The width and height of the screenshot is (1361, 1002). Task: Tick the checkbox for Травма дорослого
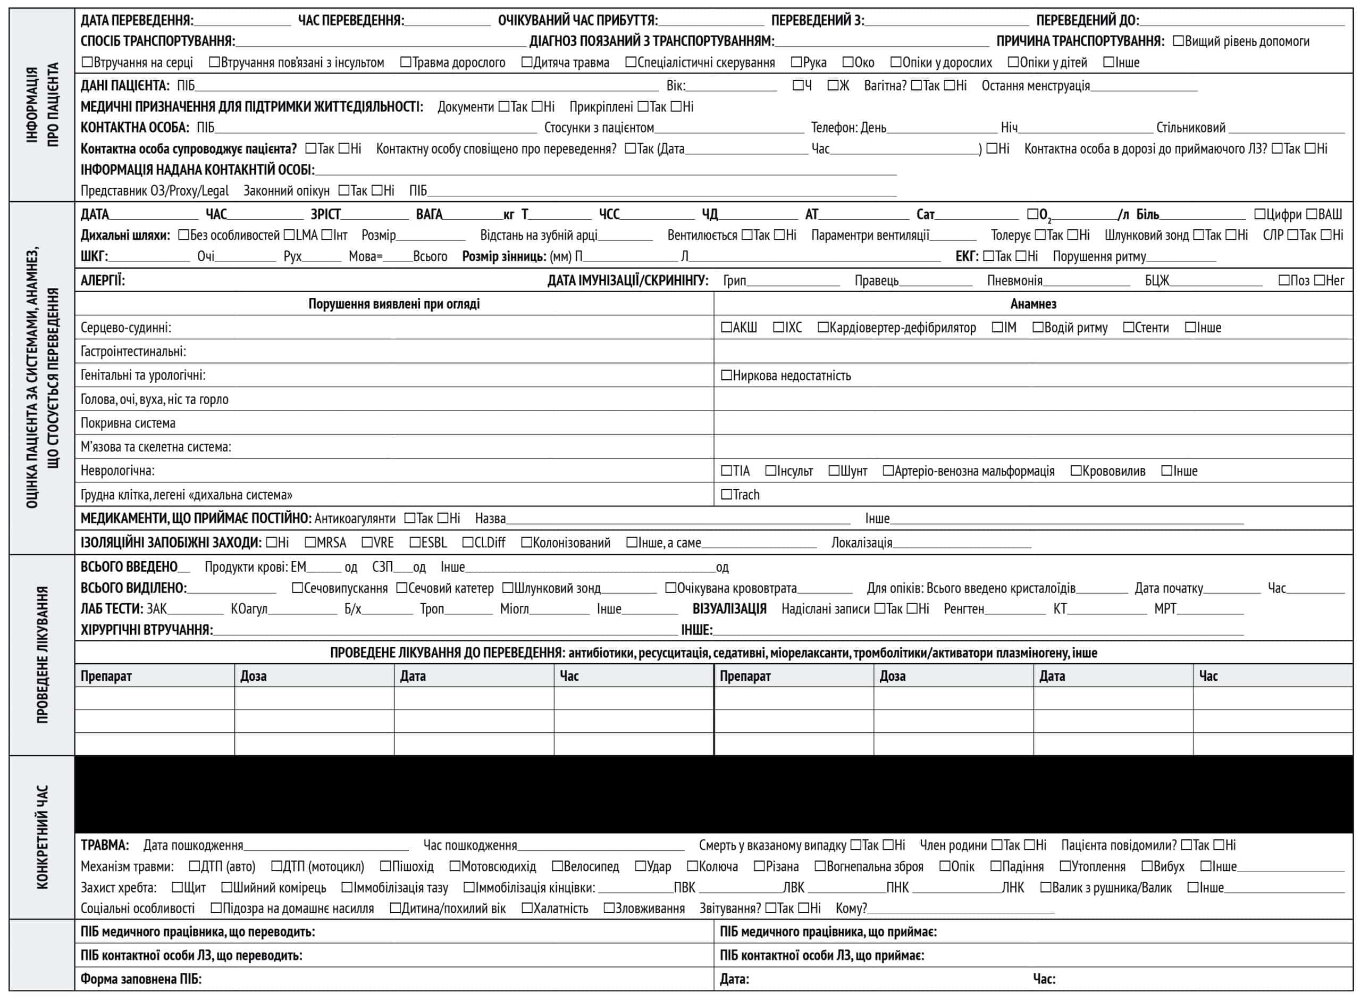point(406,62)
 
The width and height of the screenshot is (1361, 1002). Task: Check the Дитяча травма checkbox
point(526,62)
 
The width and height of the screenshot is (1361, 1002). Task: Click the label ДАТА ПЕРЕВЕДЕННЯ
point(137,21)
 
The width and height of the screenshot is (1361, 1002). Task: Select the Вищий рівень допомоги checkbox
point(1178,41)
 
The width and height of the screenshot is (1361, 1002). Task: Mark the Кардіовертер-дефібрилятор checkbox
point(822,328)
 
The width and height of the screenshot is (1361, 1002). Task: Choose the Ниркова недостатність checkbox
point(726,375)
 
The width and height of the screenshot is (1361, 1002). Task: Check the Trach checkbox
point(726,494)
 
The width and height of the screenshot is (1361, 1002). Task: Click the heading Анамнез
point(1033,304)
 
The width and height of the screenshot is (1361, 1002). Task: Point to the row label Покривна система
point(128,423)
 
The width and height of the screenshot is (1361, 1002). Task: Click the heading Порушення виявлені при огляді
point(394,304)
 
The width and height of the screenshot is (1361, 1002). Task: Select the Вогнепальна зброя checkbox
point(820,866)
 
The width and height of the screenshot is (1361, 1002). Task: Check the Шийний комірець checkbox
point(226,887)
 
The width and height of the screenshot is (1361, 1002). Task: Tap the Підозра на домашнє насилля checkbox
point(216,908)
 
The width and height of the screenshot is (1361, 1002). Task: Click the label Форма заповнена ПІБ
point(141,979)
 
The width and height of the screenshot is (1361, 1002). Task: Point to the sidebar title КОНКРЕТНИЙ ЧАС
point(42,837)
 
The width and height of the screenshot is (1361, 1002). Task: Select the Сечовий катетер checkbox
point(401,588)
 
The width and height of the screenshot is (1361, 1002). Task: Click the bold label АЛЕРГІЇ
point(103,280)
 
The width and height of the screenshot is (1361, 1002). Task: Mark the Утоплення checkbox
point(1065,866)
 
